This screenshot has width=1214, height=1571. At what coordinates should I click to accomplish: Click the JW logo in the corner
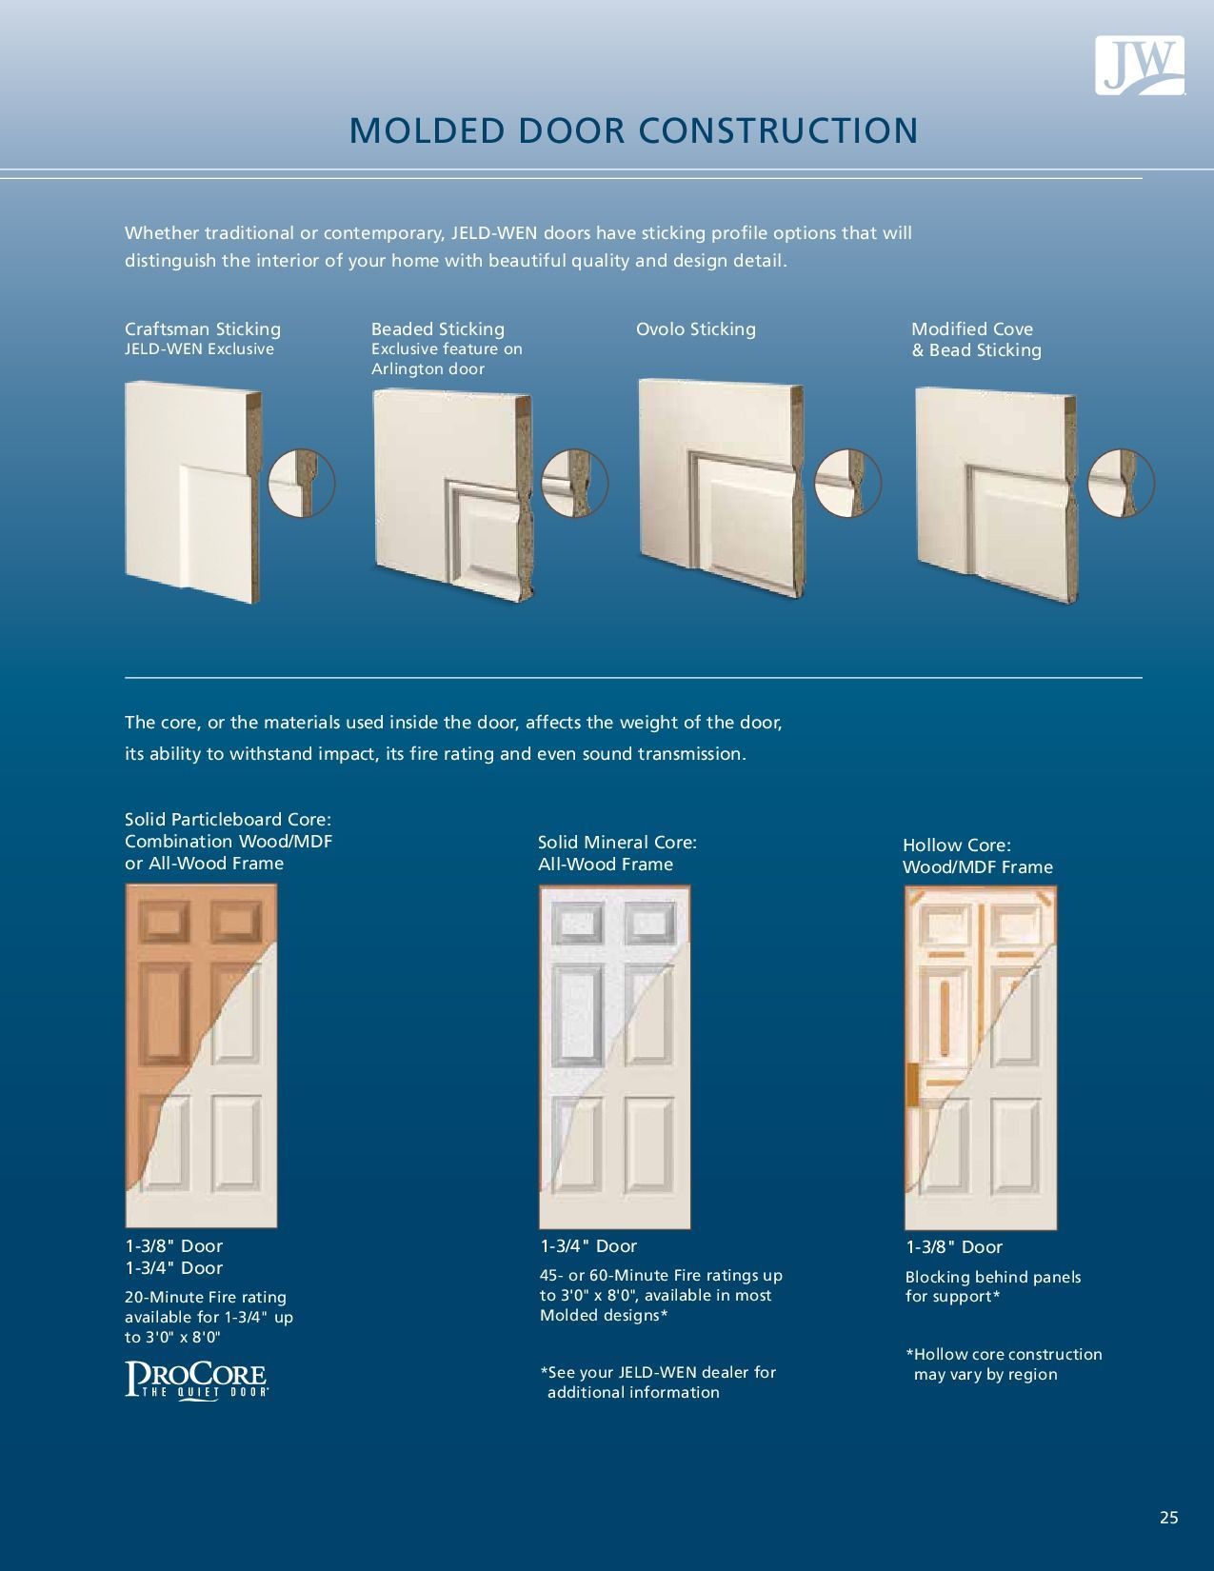click(1139, 65)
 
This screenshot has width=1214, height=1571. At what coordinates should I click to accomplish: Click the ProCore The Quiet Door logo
click(196, 1380)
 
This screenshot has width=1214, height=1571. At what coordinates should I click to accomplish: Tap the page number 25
click(1168, 1518)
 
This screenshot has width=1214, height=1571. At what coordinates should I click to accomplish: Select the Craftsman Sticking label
click(202, 328)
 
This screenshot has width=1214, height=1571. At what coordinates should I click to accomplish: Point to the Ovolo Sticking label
click(695, 328)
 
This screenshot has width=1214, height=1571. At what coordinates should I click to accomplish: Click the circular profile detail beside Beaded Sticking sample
click(574, 483)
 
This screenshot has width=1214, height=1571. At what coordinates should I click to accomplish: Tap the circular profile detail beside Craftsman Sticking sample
click(302, 483)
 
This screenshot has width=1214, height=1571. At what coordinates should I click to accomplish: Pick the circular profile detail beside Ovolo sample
click(847, 483)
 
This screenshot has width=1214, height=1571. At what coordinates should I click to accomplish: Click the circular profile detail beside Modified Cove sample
click(1121, 483)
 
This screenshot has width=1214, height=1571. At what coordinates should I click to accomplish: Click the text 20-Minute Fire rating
click(205, 1297)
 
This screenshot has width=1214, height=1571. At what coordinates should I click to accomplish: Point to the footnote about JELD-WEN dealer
click(657, 1382)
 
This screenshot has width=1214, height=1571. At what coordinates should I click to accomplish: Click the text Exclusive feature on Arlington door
click(446, 359)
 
